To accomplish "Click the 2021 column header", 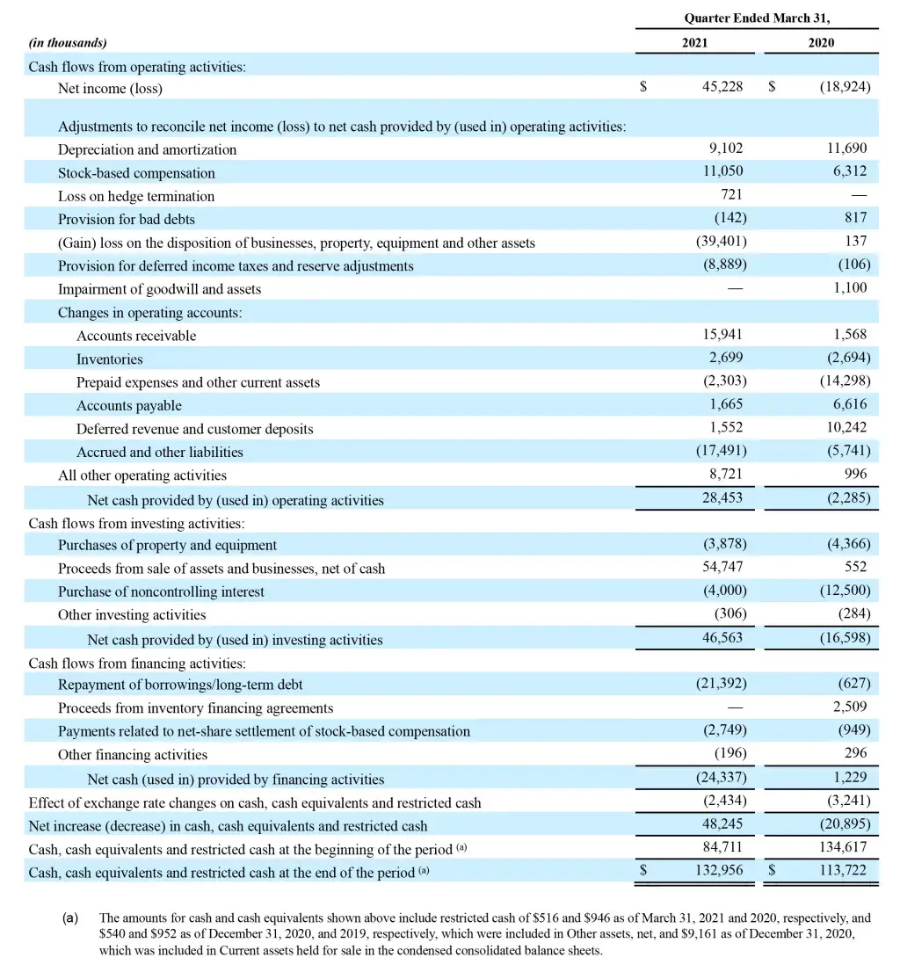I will [x=694, y=42].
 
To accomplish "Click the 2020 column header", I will [x=821, y=42].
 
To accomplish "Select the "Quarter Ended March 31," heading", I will [x=757, y=18].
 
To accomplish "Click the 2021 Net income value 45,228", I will [x=722, y=88].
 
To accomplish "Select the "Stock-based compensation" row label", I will [x=136, y=173].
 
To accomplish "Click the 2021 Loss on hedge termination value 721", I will [x=731, y=195].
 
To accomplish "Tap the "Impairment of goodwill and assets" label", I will [x=159, y=289].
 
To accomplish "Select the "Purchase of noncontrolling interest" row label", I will [x=161, y=591].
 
